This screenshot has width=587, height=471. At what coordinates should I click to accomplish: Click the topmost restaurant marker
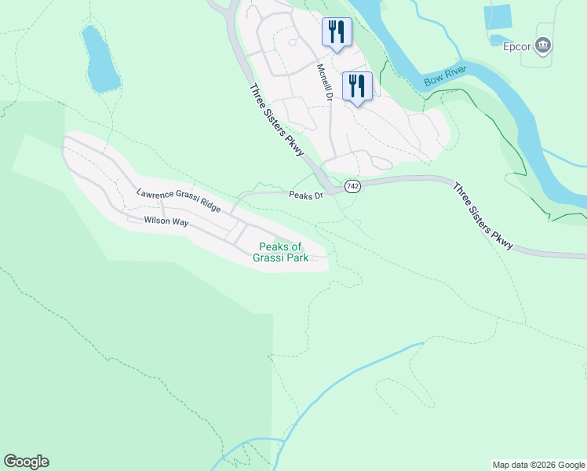(x=336, y=32)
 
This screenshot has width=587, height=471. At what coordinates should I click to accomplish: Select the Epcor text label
(x=518, y=46)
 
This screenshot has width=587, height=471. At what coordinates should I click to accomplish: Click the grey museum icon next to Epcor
(x=543, y=46)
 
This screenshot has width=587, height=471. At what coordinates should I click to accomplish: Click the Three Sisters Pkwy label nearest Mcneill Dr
(x=277, y=119)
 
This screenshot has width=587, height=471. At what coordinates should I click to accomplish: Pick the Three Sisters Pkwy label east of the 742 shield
(x=483, y=217)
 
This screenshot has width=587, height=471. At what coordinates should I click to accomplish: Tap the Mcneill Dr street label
(x=324, y=82)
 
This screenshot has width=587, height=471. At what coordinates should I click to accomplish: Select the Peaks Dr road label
(x=306, y=195)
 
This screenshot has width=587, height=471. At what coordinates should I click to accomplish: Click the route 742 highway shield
(x=352, y=186)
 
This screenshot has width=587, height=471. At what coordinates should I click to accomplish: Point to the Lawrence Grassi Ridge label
(x=178, y=199)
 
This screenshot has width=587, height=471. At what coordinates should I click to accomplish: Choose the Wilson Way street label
(x=166, y=222)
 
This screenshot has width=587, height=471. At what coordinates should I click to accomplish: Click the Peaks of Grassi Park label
(x=280, y=252)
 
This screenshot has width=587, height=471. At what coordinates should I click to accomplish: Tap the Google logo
(x=26, y=462)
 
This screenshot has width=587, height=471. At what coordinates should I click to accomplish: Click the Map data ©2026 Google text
(x=538, y=465)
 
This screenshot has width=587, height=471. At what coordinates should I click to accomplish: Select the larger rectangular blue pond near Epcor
(x=498, y=17)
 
